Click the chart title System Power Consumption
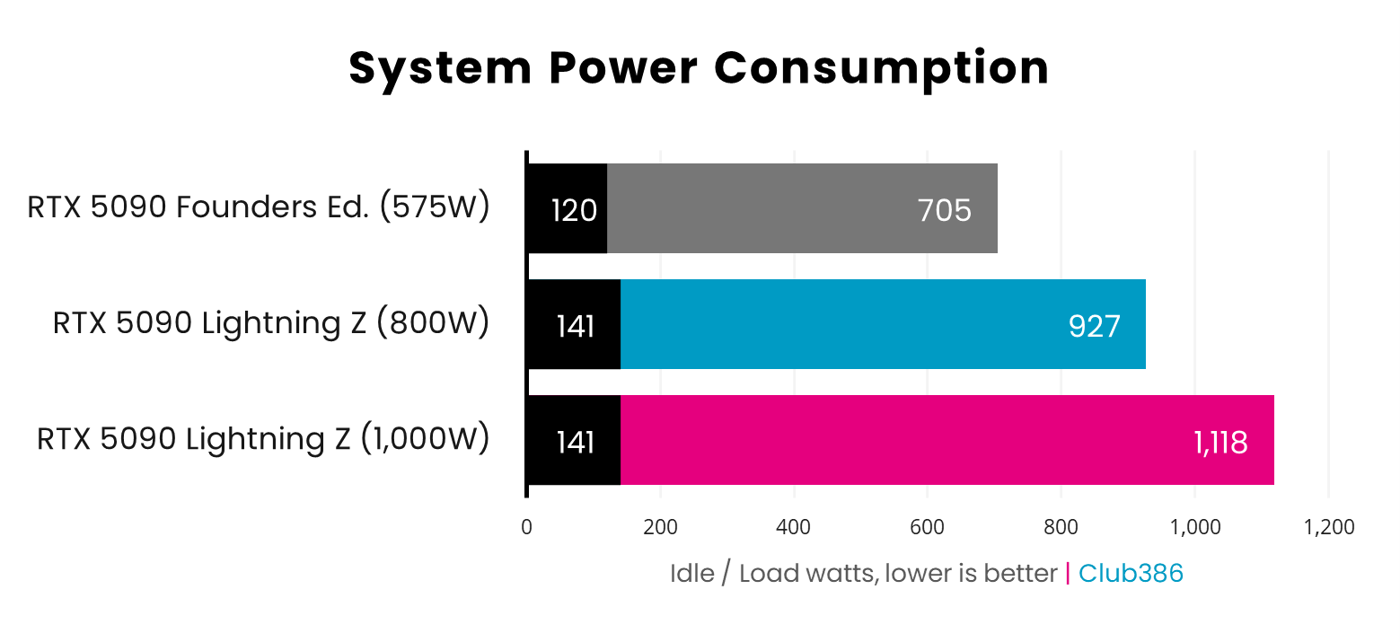[x=699, y=68]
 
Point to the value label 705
[x=944, y=210]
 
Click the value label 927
[x=1094, y=326]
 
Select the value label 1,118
[x=1220, y=442]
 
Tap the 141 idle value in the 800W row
[x=575, y=326]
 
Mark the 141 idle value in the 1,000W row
[x=575, y=442]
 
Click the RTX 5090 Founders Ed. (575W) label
[x=259, y=208]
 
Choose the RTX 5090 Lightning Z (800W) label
[x=271, y=323]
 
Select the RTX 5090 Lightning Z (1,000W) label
[x=263, y=439]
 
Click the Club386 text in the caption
[x=1131, y=574]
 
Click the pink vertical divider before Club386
[x=1068, y=574]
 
